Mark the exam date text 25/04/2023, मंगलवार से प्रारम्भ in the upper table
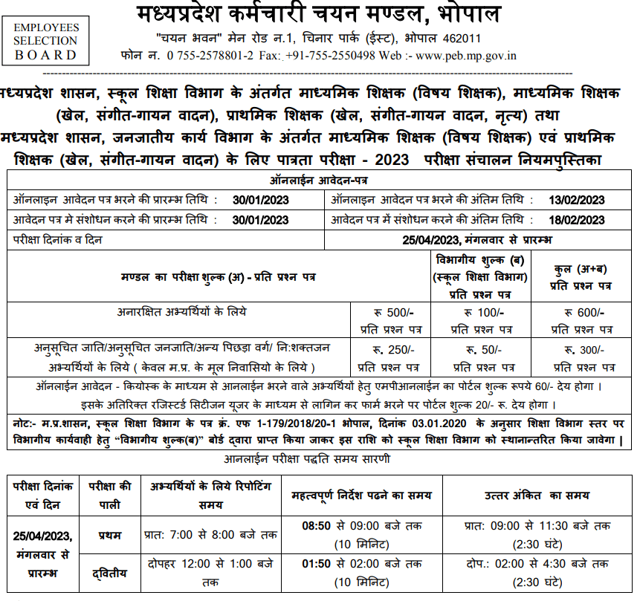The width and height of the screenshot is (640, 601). pos(476,239)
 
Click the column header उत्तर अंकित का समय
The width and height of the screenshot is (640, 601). pos(537,494)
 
